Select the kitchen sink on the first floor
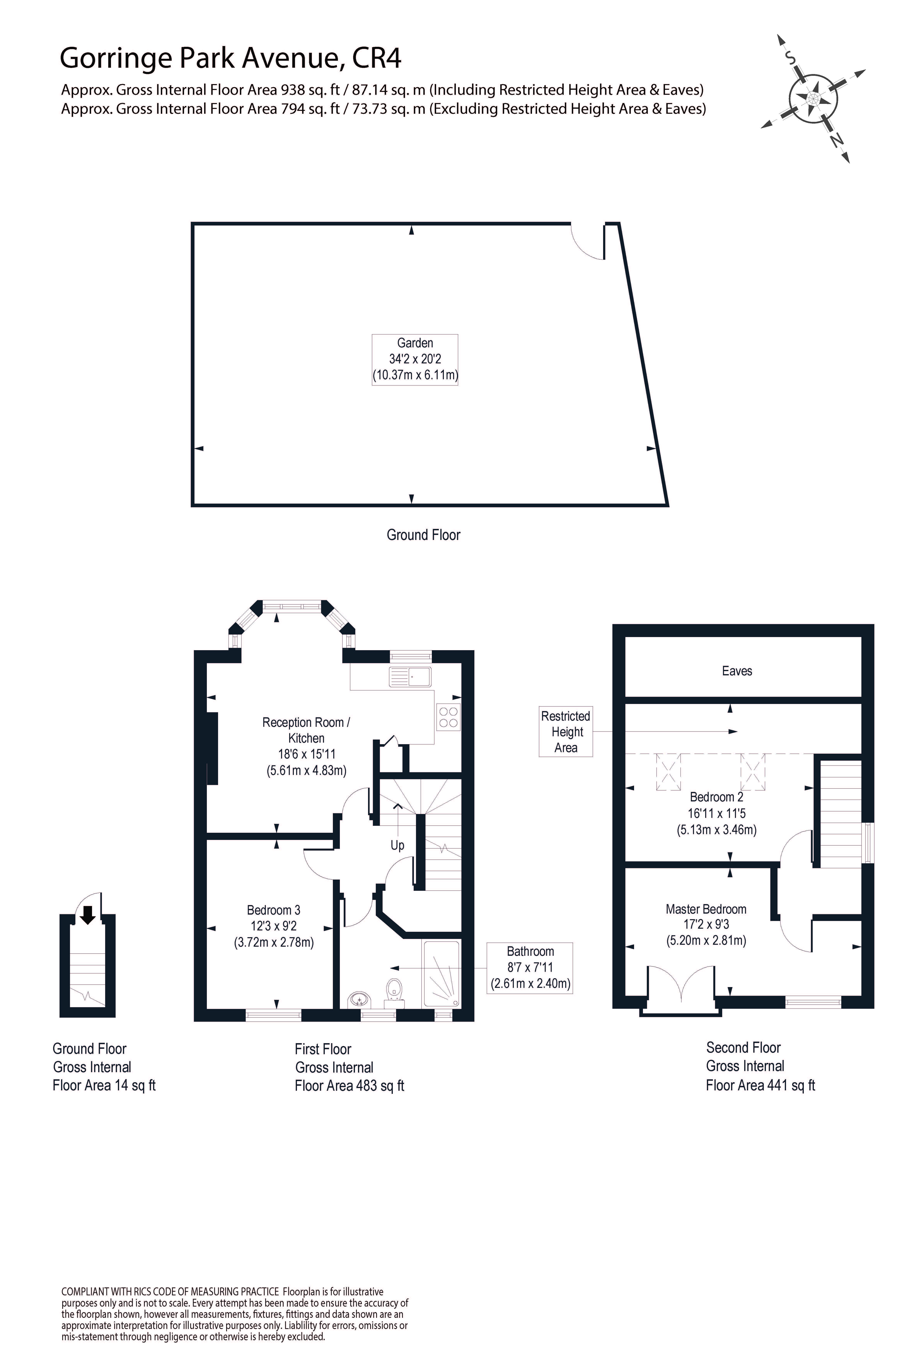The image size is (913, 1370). pos(410,677)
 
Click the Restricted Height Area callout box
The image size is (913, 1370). pos(565,732)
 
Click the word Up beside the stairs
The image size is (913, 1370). pos(397,845)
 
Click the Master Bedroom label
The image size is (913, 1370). pos(706,909)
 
